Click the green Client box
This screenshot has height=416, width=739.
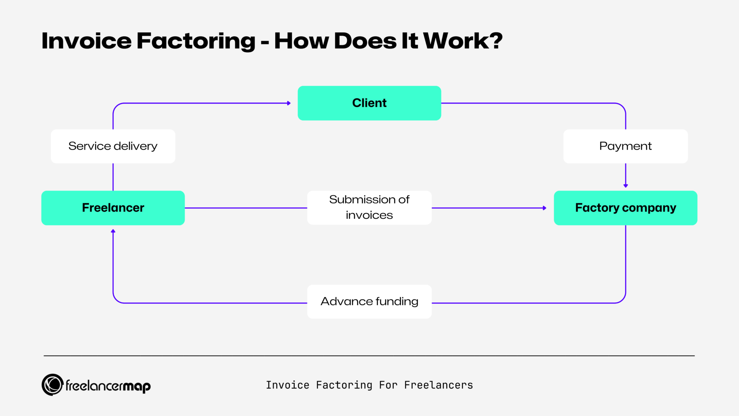point(369,103)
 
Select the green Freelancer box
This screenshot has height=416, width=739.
point(113,208)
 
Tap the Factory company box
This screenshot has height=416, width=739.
point(625,208)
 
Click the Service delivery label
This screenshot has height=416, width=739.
point(113,146)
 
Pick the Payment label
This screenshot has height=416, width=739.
point(625,146)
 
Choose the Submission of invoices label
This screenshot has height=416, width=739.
point(369,207)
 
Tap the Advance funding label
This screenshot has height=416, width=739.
point(369,301)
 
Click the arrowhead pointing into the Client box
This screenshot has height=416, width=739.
point(289,103)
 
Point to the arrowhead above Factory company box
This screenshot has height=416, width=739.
point(625,186)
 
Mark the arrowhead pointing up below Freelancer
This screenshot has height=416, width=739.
point(113,231)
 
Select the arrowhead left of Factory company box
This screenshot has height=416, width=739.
point(544,208)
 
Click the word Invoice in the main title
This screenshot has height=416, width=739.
point(86,41)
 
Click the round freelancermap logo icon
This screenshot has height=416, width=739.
point(52,384)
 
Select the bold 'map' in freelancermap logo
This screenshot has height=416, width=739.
point(137,386)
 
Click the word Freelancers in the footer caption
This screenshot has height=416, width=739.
point(438,385)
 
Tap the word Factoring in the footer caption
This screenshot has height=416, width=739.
point(344,385)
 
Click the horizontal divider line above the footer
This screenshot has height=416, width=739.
point(369,356)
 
